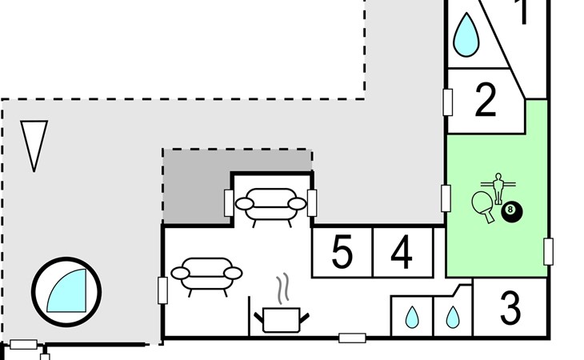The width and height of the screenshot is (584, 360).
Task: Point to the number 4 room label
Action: coord(402,254)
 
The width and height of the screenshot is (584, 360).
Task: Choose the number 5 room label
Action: coord(342,254)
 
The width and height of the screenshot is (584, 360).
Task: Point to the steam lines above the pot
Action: coord(281,287)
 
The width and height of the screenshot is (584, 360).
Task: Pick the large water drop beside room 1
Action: coord(466,34)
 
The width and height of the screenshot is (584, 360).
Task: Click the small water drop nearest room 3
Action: coord(453,318)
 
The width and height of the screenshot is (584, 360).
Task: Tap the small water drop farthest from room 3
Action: coord(412,318)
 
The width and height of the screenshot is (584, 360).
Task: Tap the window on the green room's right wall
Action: coord(549,251)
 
